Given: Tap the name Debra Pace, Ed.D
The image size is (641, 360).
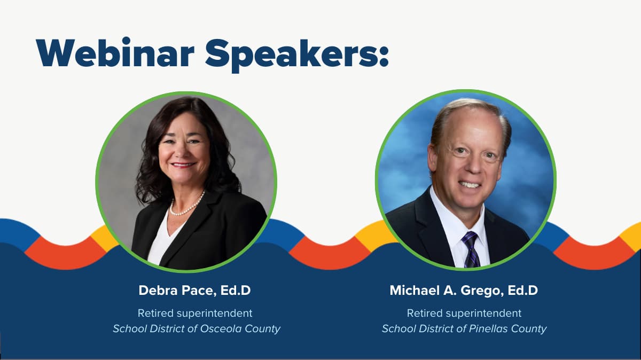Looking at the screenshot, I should pos(194,291).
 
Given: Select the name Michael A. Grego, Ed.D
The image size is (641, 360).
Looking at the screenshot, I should pos(464,291).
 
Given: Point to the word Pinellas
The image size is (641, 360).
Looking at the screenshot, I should pos(489,328).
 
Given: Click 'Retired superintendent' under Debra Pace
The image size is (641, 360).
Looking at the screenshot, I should pos(195,313).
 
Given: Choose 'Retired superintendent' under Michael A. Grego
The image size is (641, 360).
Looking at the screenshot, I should pos(464,313).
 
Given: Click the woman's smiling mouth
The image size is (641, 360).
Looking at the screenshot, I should pos(183,165).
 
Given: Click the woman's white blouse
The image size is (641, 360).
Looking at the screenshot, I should pos(160,243).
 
